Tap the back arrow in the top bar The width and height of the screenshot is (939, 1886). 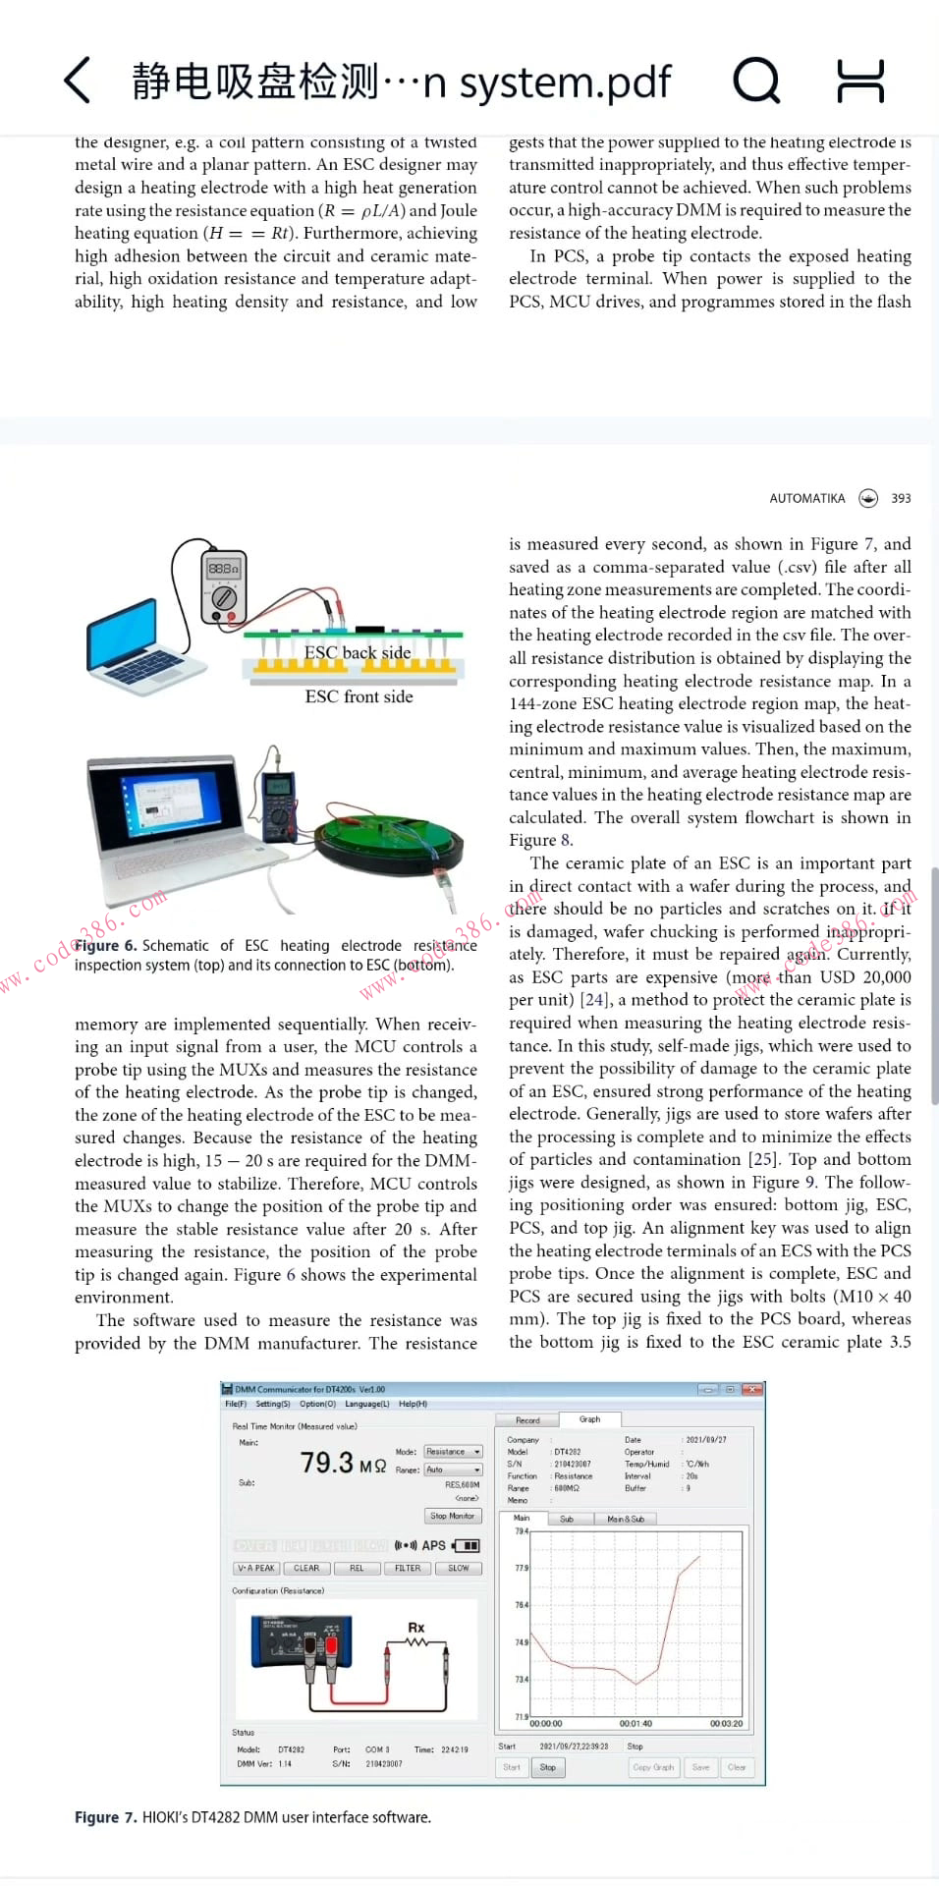(78, 81)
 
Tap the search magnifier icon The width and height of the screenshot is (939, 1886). (755, 81)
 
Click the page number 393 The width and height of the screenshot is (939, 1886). (901, 499)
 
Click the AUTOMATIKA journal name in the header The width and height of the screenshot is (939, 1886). (806, 499)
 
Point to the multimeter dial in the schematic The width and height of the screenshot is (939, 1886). (224, 597)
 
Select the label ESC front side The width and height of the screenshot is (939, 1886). (359, 696)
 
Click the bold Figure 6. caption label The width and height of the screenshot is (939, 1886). (106, 946)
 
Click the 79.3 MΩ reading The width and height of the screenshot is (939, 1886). (343, 1464)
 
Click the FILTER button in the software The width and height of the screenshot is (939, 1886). (408, 1569)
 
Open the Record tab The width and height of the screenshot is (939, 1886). (527, 1420)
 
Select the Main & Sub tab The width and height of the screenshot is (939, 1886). (626, 1520)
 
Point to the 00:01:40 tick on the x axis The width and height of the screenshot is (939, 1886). (635, 1724)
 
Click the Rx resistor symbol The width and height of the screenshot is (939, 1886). (416, 1637)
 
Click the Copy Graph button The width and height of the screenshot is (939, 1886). (653, 1767)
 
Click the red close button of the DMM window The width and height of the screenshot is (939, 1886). (752, 1390)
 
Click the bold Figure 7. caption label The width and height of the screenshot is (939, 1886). (106, 1818)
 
